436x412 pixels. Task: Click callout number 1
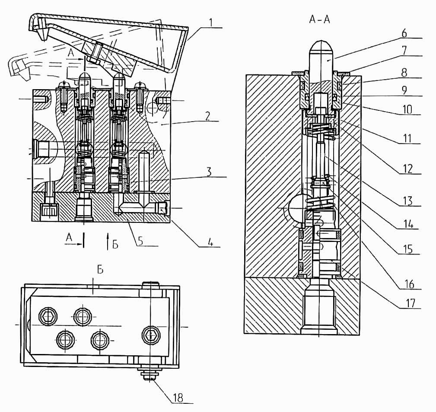211,22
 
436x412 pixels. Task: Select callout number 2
208,116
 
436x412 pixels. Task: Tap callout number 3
209,172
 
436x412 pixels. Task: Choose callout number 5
141,241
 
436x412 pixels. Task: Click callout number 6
404,33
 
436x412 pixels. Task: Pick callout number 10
407,109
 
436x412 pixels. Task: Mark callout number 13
408,201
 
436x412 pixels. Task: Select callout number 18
178,398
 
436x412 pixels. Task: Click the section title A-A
319,20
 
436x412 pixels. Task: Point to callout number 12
407,168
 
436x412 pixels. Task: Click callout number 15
408,249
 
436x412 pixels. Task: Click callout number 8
404,72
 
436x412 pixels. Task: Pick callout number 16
409,284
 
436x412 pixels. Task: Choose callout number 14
408,224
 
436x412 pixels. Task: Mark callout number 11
407,138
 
